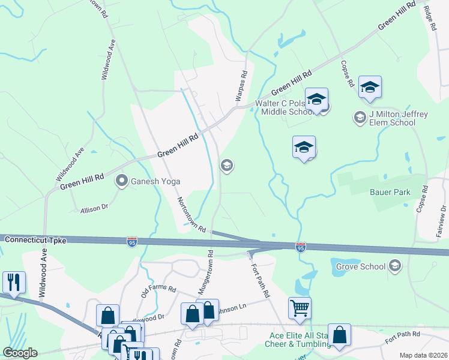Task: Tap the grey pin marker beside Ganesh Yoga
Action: click(x=122, y=181)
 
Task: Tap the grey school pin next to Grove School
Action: click(x=395, y=265)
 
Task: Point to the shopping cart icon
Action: click(x=300, y=308)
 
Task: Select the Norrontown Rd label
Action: click(x=191, y=215)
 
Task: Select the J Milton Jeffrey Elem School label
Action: click(x=392, y=119)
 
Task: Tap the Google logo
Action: click(x=20, y=353)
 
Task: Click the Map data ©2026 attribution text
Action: click(x=423, y=355)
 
